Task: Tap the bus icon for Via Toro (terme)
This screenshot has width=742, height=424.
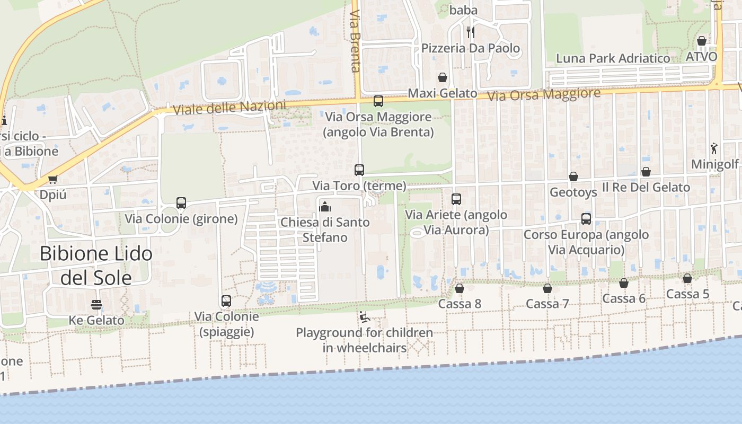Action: [359, 170]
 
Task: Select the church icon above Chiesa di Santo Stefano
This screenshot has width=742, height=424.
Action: [325, 206]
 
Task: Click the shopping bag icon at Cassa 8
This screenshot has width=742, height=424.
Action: [460, 288]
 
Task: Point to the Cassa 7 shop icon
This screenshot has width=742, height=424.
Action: [547, 288]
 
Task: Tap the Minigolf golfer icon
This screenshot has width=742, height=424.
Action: [714, 148]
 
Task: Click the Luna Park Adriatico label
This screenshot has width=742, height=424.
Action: [613, 58]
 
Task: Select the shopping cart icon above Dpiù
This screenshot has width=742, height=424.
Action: [52, 179]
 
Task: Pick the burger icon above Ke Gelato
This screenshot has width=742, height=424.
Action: [96, 305]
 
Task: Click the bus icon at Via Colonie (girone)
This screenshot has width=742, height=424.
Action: [181, 202]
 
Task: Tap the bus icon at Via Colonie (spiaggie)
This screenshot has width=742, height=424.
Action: [226, 301]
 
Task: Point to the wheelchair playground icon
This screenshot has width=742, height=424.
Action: [364, 317]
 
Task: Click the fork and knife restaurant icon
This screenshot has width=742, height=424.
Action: [470, 32]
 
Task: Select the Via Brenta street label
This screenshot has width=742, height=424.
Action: [356, 40]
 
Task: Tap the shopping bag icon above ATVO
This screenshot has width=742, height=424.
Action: [702, 41]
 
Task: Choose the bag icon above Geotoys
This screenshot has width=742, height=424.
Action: [573, 176]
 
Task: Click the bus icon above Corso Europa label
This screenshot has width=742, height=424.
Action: [586, 219]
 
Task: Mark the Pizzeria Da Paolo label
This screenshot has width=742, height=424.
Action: [471, 48]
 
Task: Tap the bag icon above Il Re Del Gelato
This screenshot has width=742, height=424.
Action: [646, 172]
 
